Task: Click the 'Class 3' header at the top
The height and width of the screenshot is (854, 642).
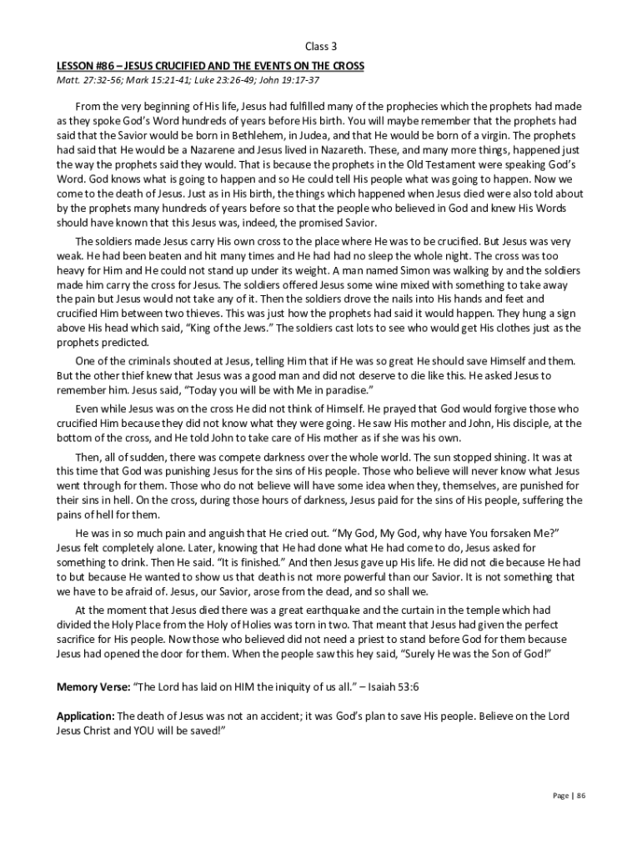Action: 320,46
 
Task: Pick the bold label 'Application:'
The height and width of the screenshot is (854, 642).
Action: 86,716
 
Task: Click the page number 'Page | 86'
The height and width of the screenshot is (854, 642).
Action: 570,796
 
